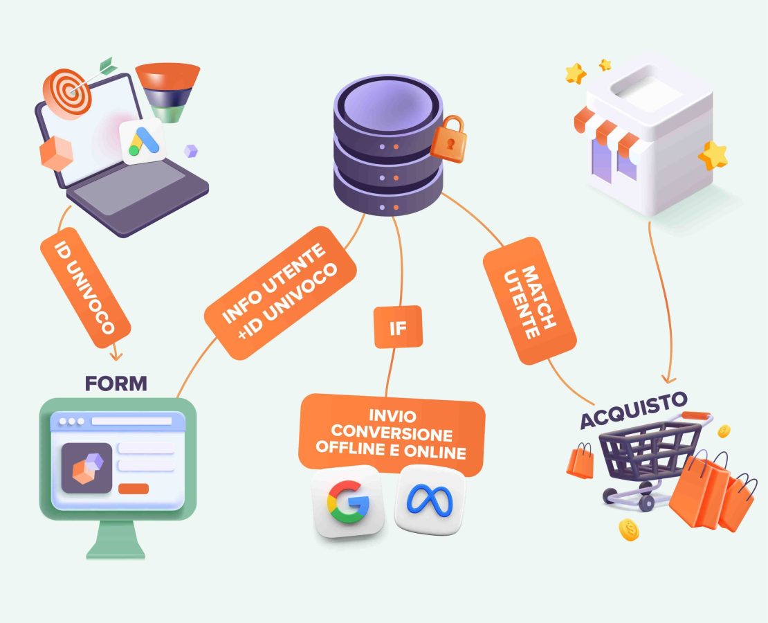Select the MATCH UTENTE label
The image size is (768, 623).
[529, 302]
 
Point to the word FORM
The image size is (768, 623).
[116, 383]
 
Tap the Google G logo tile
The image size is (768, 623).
[348, 501]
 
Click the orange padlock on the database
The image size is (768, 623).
[448, 141]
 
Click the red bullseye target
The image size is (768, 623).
[67, 93]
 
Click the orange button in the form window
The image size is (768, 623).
[134, 489]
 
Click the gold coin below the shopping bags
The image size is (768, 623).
[629, 530]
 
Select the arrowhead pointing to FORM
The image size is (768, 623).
[116, 355]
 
